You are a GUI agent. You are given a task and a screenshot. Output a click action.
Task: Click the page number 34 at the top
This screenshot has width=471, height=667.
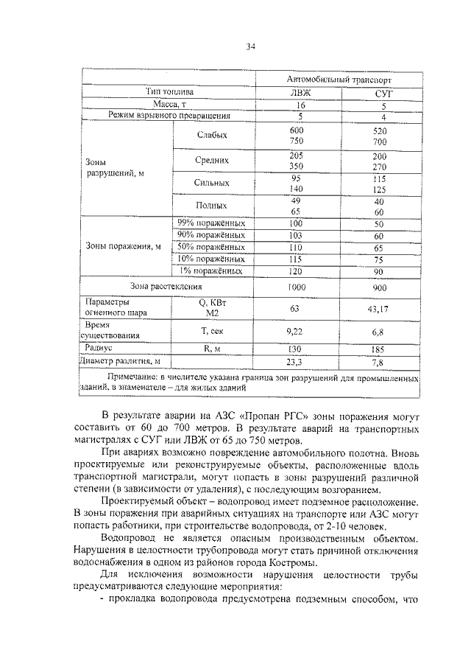click(249, 47)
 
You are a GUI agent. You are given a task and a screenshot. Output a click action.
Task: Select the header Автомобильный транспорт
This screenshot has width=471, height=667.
click(338, 79)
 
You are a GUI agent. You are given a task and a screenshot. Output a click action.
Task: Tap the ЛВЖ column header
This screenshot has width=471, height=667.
click(297, 92)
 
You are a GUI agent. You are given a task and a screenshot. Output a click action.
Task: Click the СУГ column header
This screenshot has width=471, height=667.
click(379, 93)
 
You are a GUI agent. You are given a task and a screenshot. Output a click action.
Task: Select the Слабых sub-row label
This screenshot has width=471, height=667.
click(212, 136)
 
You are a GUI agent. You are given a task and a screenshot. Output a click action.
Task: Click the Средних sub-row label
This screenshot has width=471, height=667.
click(212, 159)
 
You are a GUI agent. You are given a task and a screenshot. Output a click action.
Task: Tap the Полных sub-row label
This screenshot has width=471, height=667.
click(212, 206)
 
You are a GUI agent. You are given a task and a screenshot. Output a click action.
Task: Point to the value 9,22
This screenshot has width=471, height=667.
click(297, 332)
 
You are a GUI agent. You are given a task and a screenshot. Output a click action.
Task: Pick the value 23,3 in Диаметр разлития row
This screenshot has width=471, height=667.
click(297, 362)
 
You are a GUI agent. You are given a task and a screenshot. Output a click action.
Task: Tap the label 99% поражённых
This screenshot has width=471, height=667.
click(211, 223)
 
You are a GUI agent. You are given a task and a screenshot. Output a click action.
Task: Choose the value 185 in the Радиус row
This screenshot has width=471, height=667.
click(379, 348)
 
